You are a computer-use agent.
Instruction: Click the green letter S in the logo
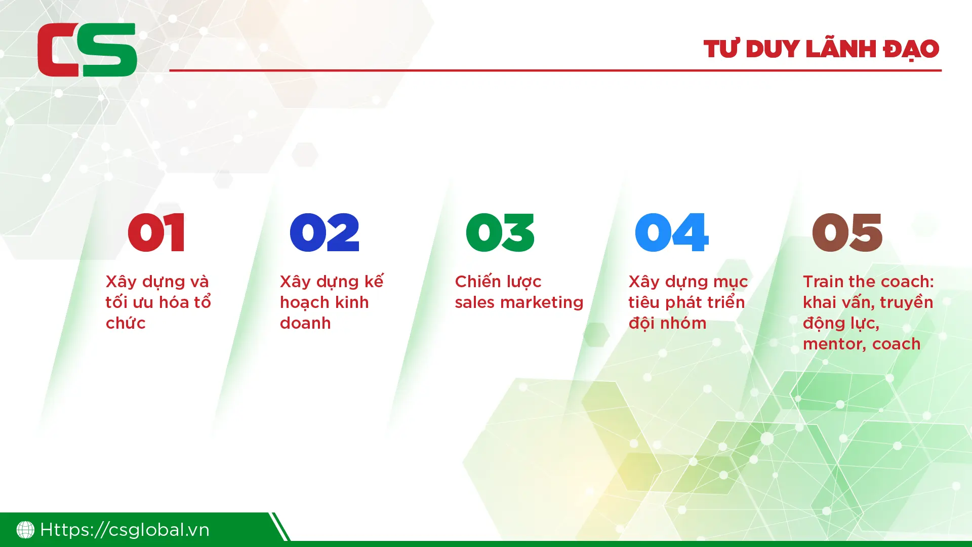click(x=107, y=50)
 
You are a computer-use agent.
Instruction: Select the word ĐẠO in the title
click(x=911, y=49)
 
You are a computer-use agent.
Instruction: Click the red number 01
click(x=156, y=232)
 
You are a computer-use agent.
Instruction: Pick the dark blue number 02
click(x=325, y=232)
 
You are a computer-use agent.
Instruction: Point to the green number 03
click(x=500, y=232)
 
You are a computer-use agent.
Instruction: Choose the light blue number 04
click(x=672, y=232)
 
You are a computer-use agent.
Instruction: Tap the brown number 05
click(x=847, y=232)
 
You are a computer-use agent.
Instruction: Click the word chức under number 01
click(x=126, y=323)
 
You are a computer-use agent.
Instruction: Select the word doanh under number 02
click(x=305, y=323)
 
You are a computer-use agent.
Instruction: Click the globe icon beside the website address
click(x=25, y=530)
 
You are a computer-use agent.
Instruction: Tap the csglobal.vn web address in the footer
click(x=125, y=530)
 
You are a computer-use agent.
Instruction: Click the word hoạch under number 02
click(x=306, y=303)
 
